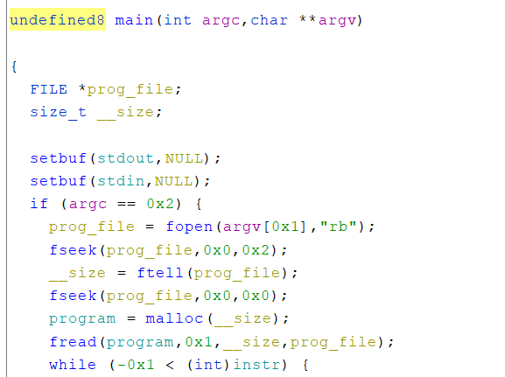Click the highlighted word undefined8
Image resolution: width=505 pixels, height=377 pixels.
point(58,20)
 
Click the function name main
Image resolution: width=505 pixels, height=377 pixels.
point(134,20)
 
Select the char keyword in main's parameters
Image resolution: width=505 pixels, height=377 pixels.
point(269,20)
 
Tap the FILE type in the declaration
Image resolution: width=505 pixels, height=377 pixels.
point(49,89)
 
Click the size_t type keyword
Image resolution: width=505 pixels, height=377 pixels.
point(59,112)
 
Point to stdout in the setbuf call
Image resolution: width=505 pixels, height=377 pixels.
point(125,158)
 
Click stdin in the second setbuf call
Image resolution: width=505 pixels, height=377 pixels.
point(121,181)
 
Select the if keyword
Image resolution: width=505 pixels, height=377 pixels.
point(39,204)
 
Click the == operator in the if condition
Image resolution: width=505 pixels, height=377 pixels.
point(126,204)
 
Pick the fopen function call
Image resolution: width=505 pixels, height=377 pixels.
point(189,227)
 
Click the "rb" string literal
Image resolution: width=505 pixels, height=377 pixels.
point(338,227)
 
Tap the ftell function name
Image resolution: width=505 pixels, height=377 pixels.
point(160,273)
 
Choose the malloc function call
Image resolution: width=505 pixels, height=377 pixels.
point(174,318)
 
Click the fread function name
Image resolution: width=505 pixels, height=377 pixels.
point(74,342)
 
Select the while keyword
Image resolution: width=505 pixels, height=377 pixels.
point(73,365)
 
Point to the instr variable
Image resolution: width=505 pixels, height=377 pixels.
point(256,365)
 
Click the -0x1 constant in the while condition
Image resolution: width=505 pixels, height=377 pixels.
point(136,365)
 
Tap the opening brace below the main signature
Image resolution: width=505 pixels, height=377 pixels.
point(14,66)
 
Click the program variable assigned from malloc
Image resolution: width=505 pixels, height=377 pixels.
point(82,319)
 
